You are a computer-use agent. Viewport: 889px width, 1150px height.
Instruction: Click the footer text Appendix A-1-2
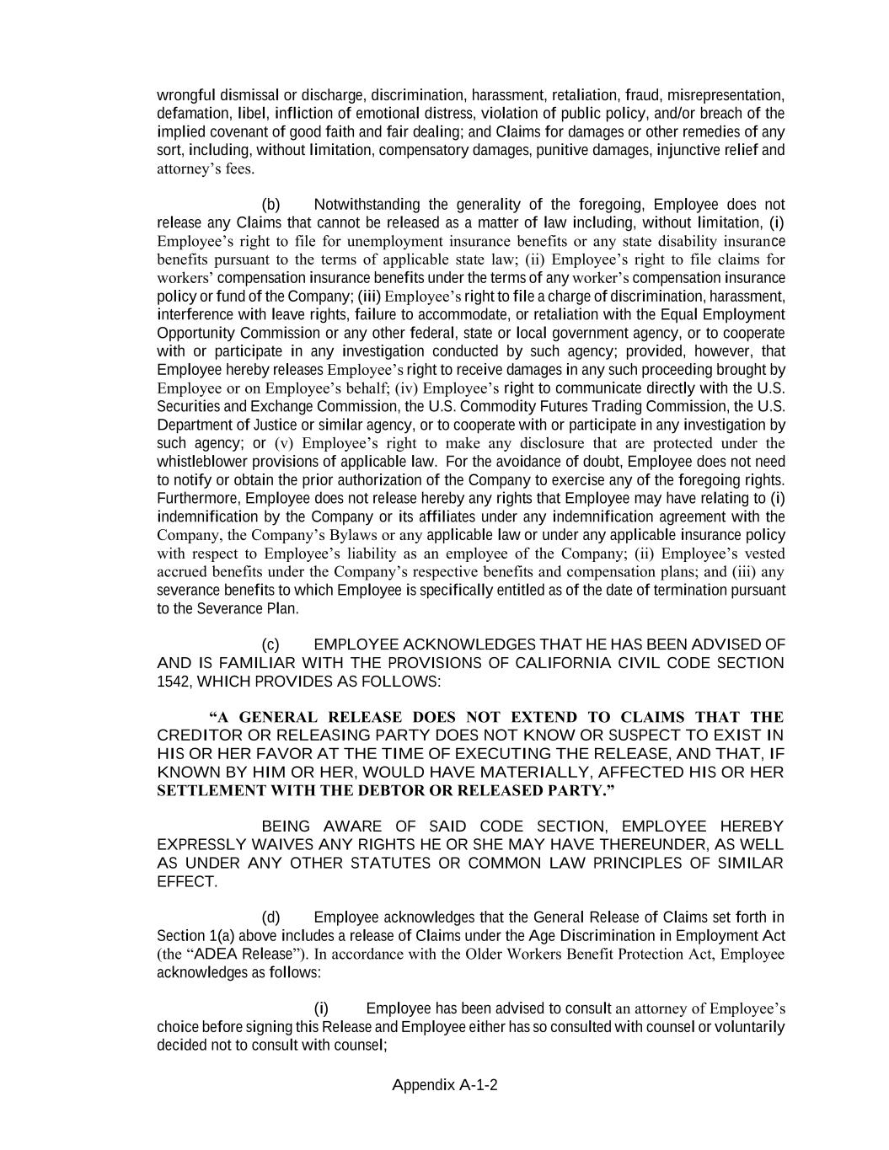coord(444,1085)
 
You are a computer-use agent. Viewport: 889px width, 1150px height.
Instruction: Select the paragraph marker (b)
coord(270,205)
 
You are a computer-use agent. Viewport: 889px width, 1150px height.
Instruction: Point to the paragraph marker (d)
coord(270,917)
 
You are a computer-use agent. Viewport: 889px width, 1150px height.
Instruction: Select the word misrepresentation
coord(726,95)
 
